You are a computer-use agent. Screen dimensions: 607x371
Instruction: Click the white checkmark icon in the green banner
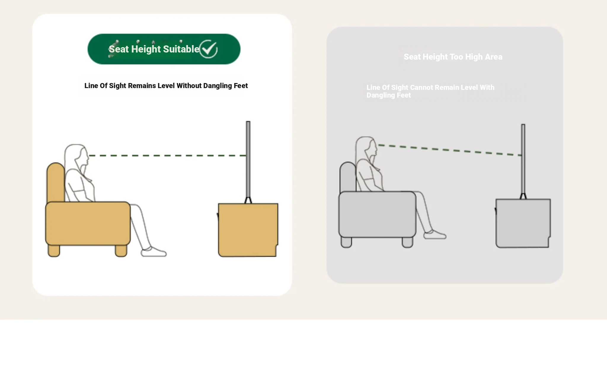click(x=208, y=49)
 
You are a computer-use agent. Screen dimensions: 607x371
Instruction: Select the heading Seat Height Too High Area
click(x=453, y=57)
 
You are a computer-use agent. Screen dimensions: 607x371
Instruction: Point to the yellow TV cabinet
click(x=248, y=230)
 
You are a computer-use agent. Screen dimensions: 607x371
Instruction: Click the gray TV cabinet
click(x=523, y=223)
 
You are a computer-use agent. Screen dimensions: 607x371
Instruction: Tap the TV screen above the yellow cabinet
click(x=248, y=159)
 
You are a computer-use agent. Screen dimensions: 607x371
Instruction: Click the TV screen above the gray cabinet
click(x=523, y=159)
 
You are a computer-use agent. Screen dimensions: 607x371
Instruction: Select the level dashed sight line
click(x=167, y=155)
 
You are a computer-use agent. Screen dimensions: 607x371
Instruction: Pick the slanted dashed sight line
click(x=450, y=150)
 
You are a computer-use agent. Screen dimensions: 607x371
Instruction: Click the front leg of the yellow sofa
click(x=121, y=251)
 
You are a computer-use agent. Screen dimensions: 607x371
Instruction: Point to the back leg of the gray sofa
click(x=346, y=242)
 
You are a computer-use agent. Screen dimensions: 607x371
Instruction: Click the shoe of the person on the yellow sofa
click(x=154, y=252)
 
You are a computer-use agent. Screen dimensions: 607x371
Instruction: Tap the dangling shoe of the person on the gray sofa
click(x=435, y=235)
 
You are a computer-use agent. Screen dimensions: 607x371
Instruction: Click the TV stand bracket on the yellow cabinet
click(x=248, y=200)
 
